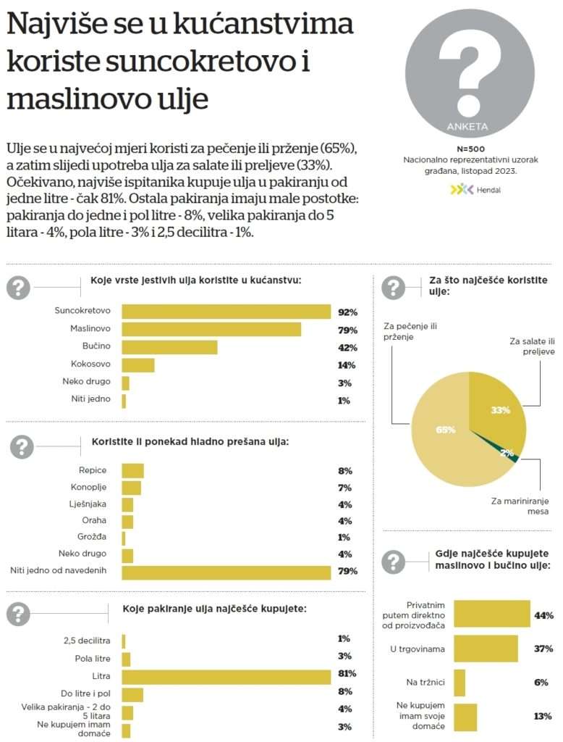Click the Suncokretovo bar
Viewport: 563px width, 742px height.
(x=226, y=312)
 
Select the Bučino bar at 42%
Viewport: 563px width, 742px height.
(x=169, y=347)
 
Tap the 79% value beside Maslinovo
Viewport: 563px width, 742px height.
(x=347, y=330)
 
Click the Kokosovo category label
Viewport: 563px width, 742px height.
(x=90, y=364)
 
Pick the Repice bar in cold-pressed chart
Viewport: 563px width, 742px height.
(x=132, y=471)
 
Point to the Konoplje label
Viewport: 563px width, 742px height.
(x=89, y=487)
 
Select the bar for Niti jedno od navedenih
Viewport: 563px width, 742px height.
(x=226, y=572)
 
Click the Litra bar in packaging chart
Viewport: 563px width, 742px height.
(x=226, y=676)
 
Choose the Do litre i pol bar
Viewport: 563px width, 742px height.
(x=132, y=694)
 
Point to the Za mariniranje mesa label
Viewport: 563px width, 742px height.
(x=517, y=506)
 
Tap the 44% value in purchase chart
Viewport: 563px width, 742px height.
(x=543, y=616)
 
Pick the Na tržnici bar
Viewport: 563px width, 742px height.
(x=460, y=683)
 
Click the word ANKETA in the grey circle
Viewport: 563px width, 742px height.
(x=468, y=127)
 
